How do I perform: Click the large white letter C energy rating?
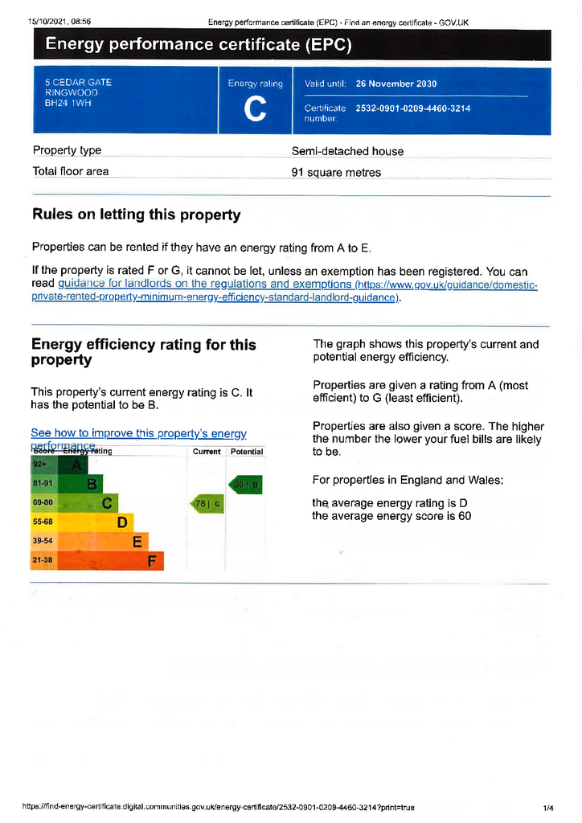(x=255, y=110)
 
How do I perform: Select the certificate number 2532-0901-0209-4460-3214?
(x=413, y=109)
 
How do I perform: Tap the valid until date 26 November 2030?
(x=396, y=84)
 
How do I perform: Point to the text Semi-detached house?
(x=347, y=151)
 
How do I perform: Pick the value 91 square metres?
(x=336, y=172)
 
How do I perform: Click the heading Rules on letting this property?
(x=136, y=215)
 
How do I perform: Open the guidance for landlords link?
(x=204, y=285)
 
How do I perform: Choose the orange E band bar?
(x=105, y=542)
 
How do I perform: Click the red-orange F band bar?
(x=113, y=561)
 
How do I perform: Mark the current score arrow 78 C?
(x=207, y=504)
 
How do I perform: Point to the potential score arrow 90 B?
(x=246, y=485)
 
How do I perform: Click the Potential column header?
(x=247, y=452)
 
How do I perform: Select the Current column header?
(x=207, y=452)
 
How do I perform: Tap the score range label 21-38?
(x=43, y=560)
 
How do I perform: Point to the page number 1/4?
(x=548, y=806)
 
